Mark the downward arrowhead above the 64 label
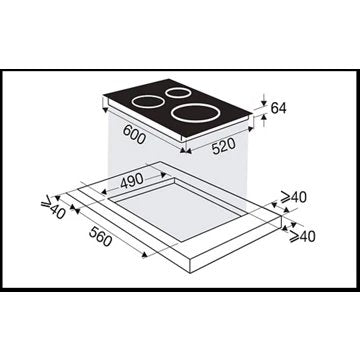coord(262,97)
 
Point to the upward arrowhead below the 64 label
coord(262,123)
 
